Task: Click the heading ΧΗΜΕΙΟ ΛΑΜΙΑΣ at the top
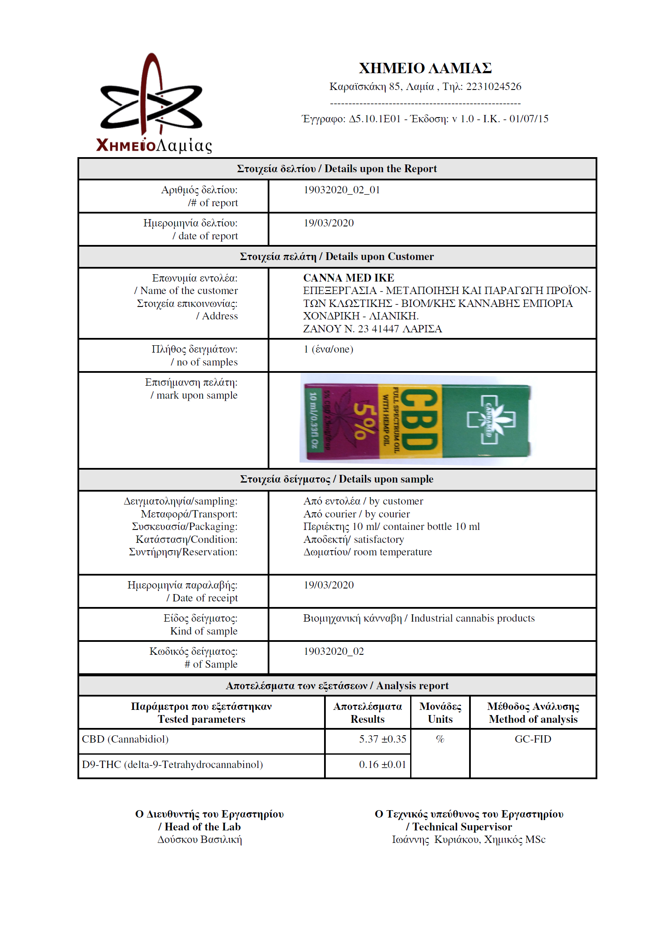click(x=425, y=68)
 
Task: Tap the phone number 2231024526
click(x=494, y=87)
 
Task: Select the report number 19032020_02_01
click(x=342, y=190)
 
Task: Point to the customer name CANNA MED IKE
click(x=349, y=278)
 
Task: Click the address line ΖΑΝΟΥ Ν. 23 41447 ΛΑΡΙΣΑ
click(x=372, y=329)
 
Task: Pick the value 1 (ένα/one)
click(x=328, y=349)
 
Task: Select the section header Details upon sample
click(x=386, y=479)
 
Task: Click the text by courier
click(x=387, y=514)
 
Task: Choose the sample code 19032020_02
click(x=334, y=651)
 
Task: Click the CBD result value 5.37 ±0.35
click(x=382, y=739)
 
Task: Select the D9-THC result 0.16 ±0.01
click(x=382, y=765)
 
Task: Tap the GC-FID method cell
click(x=533, y=739)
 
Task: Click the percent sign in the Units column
click(x=440, y=739)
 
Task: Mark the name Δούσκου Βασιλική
click(x=200, y=839)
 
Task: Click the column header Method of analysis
click(x=533, y=719)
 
